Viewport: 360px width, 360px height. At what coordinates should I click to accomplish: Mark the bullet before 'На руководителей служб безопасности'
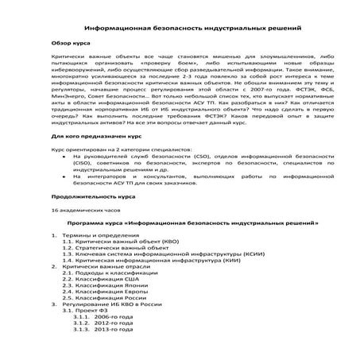[64, 157]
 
